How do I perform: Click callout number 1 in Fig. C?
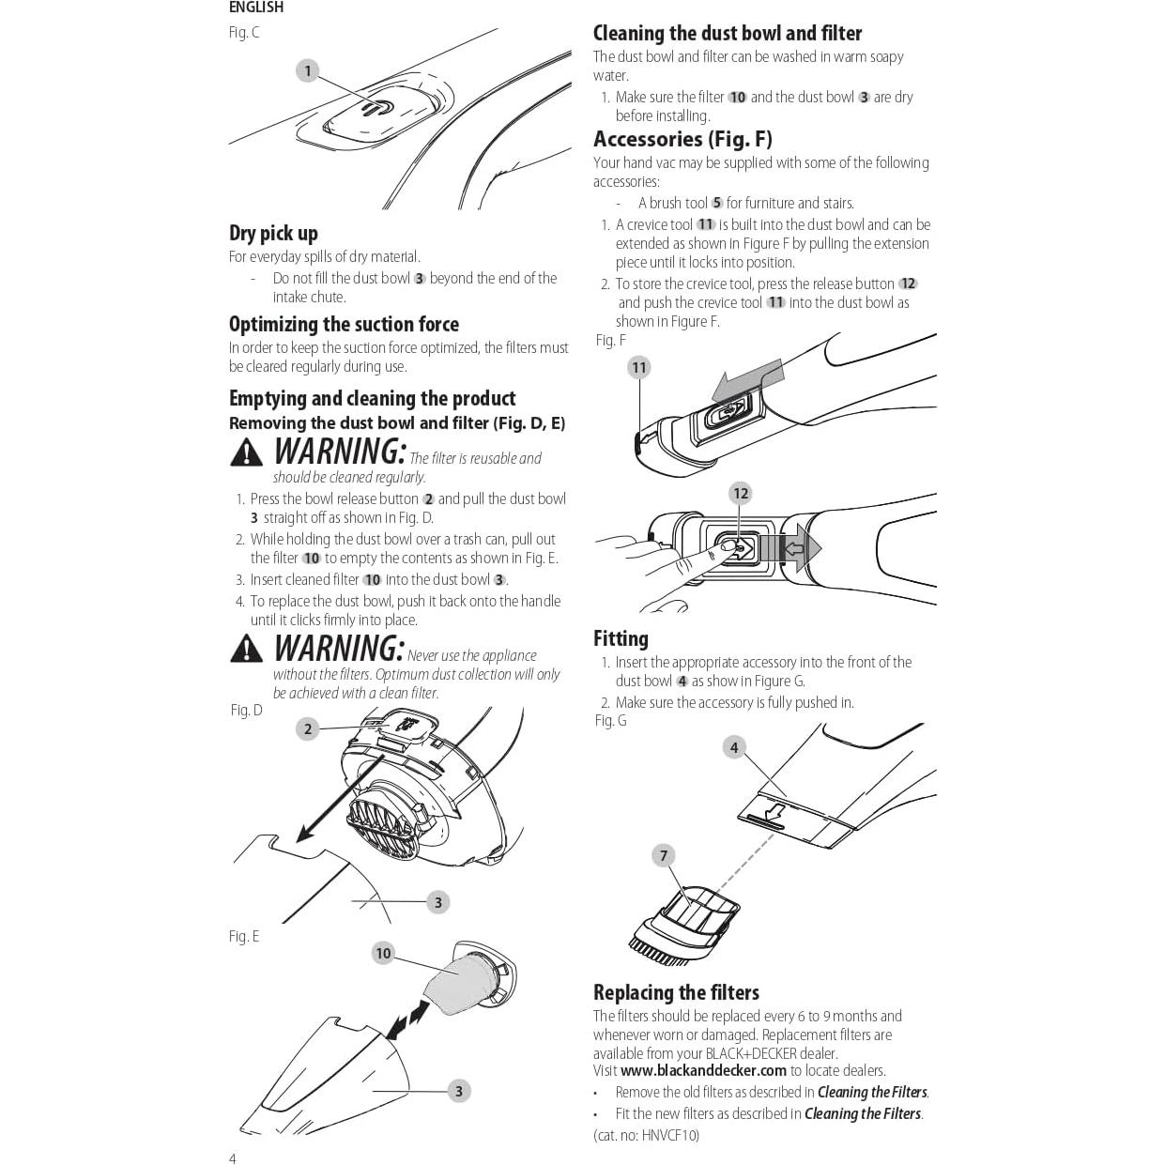click(x=308, y=70)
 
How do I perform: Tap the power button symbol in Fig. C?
click(x=377, y=108)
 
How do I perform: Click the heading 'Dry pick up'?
click(x=273, y=234)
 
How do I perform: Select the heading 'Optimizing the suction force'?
click(x=344, y=324)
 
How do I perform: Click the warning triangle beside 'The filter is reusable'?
click(x=247, y=452)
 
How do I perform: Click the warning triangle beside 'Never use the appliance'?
click(x=247, y=648)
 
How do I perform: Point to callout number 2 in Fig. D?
click(x=308, y=728)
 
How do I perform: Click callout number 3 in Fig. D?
click(x=438, y=903)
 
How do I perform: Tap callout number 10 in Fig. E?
click(x=383, y=954)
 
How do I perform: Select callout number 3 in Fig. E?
click(x=459, y=1091)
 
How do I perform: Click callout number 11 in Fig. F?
click(x=639, y=368)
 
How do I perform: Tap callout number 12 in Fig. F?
click(x=741, y=494)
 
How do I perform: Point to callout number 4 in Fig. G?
click(x=734, y=747)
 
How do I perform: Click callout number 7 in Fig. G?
click(x=664, y=855)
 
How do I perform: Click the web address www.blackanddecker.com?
click(x=703, y=1071)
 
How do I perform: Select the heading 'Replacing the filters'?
click(x=676, y=992)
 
